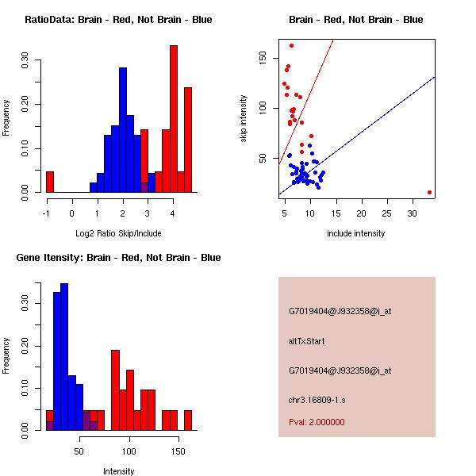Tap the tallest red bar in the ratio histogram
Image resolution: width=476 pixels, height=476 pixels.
pos(173,119)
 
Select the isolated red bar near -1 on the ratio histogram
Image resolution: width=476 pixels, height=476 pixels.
pos(50,182)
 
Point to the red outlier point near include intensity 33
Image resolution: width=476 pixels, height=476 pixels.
pos(429,192)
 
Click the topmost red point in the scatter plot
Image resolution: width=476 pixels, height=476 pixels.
pos(291,46)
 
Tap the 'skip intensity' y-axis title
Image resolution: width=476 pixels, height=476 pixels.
pos(244,119)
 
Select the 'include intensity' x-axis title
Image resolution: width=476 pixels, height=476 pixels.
pos(356,233)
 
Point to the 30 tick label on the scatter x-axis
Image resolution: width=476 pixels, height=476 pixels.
pos(413,213)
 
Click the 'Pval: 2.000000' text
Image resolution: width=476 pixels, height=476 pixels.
pos(317,422)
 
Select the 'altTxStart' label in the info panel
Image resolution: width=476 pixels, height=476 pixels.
pos(306,341)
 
